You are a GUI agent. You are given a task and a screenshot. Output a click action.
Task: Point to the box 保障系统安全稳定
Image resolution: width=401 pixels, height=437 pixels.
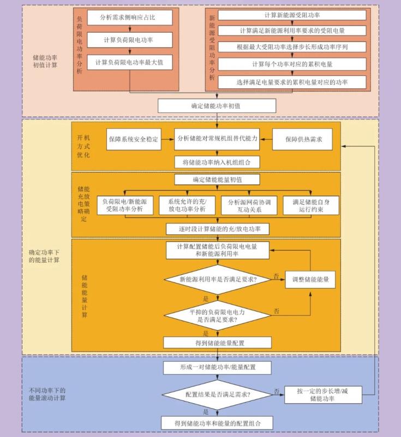coord(134,140)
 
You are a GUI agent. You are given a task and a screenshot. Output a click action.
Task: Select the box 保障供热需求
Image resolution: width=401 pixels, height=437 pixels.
coord(303,140)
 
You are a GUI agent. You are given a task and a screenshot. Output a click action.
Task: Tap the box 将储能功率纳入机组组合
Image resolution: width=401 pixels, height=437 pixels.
coord(217,162)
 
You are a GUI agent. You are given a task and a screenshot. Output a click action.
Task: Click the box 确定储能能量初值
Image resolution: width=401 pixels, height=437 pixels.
coord(217,180)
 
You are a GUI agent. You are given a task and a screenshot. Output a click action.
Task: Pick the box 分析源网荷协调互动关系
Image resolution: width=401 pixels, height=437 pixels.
coord(249,205)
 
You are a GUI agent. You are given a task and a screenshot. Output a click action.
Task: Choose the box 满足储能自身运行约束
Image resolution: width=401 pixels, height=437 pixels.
coord(311,205)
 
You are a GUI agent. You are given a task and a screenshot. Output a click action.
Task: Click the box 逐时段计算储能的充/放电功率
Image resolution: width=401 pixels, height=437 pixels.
coord(217,229)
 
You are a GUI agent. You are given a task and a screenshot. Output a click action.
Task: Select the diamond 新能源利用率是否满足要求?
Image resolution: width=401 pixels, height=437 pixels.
coord(218,279)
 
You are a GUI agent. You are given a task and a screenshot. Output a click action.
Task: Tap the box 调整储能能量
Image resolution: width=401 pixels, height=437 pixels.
coord(310,279)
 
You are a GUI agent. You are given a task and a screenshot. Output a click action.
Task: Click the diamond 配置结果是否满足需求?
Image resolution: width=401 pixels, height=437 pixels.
coord(218,394)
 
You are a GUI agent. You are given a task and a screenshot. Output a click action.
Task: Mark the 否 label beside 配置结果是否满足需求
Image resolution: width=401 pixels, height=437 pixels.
coord(277,391)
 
